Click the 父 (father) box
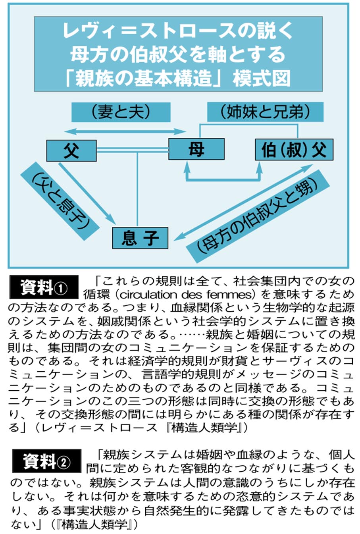coord(71,150)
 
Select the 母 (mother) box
coord(196,149)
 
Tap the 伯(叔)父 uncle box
coord(294,149)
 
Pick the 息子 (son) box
coord(140,238)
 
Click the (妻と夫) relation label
coord(121,112)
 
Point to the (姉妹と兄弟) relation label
coord(265,112)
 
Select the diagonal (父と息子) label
coord(60,201)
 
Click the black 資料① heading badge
coord(44,287)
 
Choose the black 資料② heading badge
coord(47,461)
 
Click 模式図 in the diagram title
coord(262,79)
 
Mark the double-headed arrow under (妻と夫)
coord(125,131)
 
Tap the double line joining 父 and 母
coord(133,149)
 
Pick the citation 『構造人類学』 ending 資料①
coord(204,428)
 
